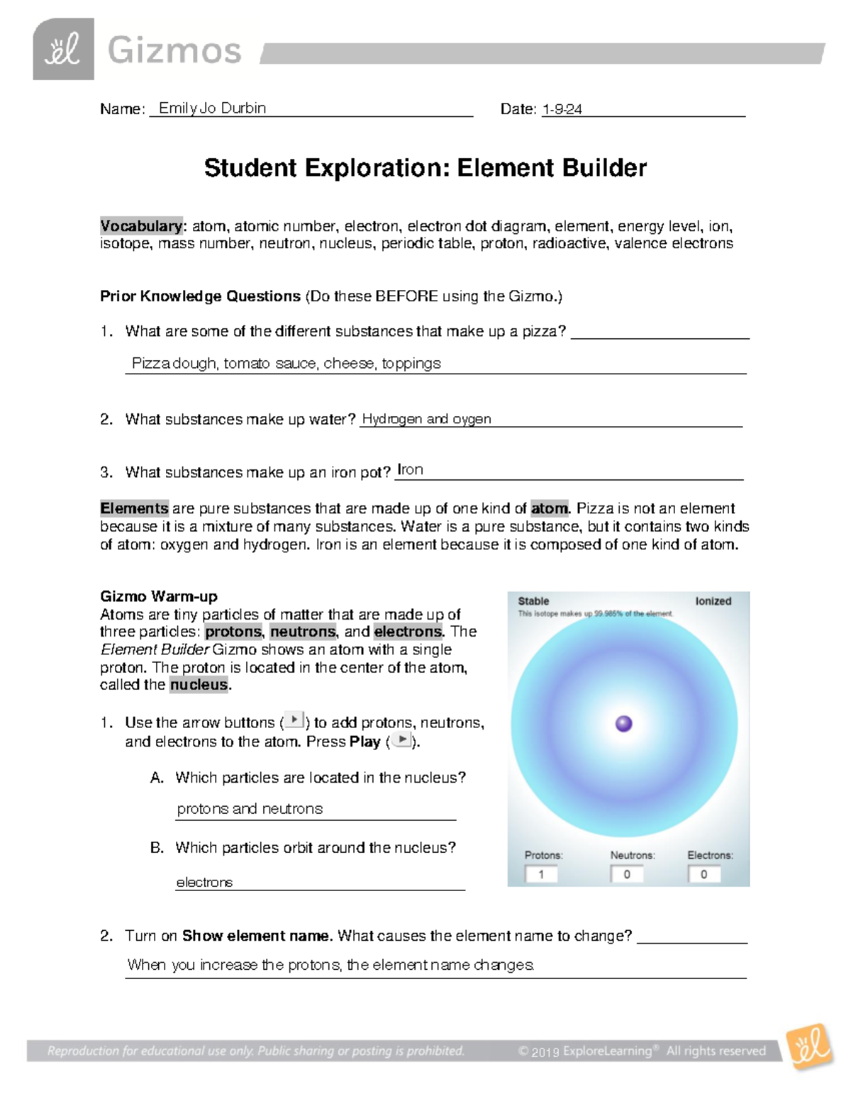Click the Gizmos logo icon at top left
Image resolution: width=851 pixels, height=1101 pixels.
click(x=63, y=49)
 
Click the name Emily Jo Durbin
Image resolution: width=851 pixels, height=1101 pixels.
click(x=212, y=108)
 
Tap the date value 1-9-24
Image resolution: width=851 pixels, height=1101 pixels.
click(x=562, y=109)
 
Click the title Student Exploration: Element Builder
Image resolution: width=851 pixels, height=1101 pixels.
click(x=425, y=168)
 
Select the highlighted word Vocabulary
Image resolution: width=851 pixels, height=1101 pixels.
click(x=141, y=226)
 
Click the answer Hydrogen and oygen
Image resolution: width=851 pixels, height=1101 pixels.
click(x=426, y=419)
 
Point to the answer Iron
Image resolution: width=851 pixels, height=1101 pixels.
click(x=410, y=469)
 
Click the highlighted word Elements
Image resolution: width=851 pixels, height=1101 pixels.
click(x=134, y=508)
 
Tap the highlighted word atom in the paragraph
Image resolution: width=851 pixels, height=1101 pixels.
click(x=549, y=508)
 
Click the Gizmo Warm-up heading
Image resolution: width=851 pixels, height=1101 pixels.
click(x=158, y=596)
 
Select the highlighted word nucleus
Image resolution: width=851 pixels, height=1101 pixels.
click(x=199, y=685)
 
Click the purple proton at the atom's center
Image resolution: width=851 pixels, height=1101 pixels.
click(x=624, y=723)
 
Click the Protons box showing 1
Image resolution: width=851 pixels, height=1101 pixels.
click(x=541, y=874)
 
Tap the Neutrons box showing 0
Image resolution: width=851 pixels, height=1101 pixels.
click(x=627, y=874)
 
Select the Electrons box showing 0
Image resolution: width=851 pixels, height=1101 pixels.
click(x=703, y=874)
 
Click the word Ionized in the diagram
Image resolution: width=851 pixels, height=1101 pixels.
click(x=713, y=601)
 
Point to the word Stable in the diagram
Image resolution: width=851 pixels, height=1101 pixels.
click(x=533, y=601)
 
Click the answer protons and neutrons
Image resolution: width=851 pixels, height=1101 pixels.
click(x=250, y=809)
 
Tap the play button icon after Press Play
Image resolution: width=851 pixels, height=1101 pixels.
click(x=402, y=740)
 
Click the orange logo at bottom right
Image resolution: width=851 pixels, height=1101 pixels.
click(x=811, y=1046)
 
